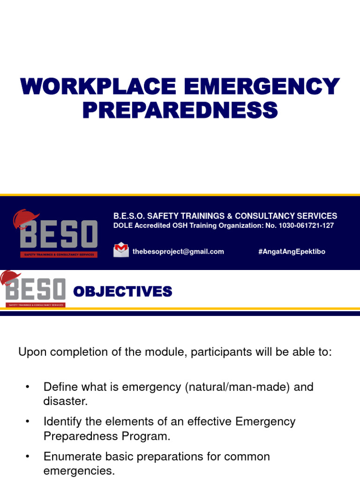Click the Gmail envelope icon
pyautogui.click(x=121, y=250)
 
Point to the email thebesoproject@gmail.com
pyautogui.click(x=178, y=252)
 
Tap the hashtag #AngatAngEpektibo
pyautogui.click(x=292, y=252)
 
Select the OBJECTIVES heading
pyautogui.click(x=123, y=292)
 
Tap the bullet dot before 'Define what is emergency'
pyautogui.click(x=27, y=387)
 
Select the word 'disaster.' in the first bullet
pyautogui.click(x=66, y=402)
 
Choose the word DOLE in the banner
pyautogui.click(x=123, y=226)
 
